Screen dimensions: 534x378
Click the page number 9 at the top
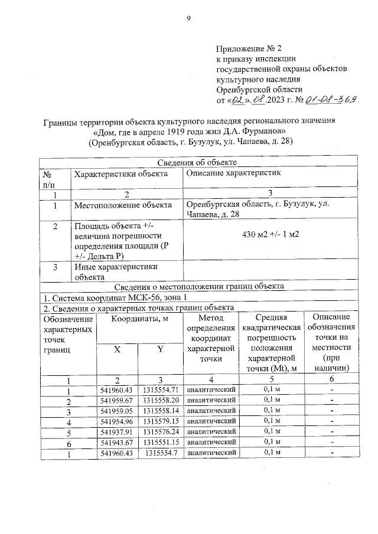(x=188, y=18)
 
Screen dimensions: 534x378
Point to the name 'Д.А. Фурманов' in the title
(x=259, y=131)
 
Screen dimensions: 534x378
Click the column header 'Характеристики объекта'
(x=120, y=173)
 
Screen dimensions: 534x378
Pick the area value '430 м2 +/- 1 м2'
(x=271, y=234)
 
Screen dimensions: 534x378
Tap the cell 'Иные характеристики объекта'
(x=109, y=271)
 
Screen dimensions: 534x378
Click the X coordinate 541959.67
(x=117, y=401)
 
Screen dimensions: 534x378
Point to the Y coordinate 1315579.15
(x=160, y=421)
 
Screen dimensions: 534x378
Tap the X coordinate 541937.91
(x=117, y=431)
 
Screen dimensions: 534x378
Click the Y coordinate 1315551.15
(x=160, y=442)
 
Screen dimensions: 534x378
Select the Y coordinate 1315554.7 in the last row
(x=161, y=453)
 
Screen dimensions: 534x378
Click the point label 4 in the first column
(x=69, y=422)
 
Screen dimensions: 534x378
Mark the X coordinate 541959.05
(x=117, y=411)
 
